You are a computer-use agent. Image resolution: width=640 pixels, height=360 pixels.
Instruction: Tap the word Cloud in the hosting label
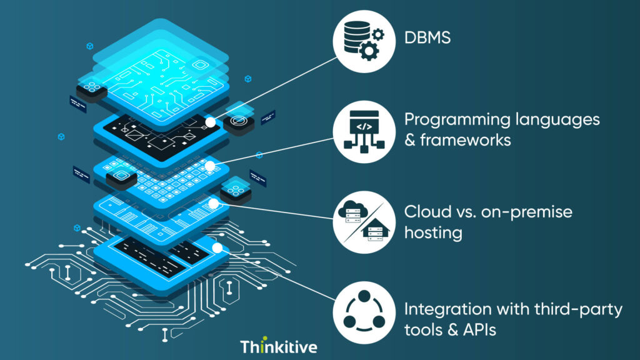423,212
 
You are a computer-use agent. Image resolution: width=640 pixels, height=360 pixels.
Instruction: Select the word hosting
433,233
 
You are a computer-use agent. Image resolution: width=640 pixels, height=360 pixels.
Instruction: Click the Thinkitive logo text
279,346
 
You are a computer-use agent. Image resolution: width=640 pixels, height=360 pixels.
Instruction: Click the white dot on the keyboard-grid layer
211,166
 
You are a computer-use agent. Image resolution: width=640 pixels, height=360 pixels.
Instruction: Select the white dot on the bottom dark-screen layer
216,248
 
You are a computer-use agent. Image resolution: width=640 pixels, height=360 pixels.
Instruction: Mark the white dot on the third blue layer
214,204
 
